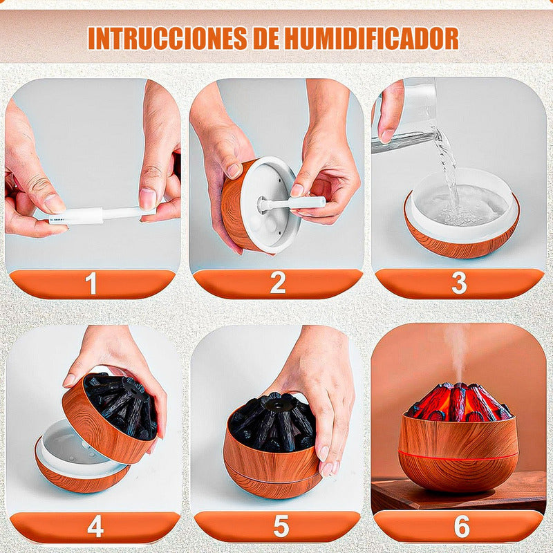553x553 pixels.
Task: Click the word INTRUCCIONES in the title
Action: click(167, 38)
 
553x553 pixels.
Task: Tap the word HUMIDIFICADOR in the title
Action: click(372, 37)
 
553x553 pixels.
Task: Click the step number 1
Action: click(91, 283)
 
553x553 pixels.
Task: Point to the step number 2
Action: click(278, 283)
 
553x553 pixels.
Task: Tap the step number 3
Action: click(459, 283)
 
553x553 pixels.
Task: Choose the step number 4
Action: click(95, 526)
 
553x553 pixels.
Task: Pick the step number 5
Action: click(281, 526)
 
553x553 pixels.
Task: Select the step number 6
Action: click(462, 525)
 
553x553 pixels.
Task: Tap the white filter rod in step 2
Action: click(291, 203)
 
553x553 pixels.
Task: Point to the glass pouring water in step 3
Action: click(406, 116)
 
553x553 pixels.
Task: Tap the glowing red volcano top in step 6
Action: click(458, 402)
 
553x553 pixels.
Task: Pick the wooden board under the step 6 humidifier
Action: click(458, 494)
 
